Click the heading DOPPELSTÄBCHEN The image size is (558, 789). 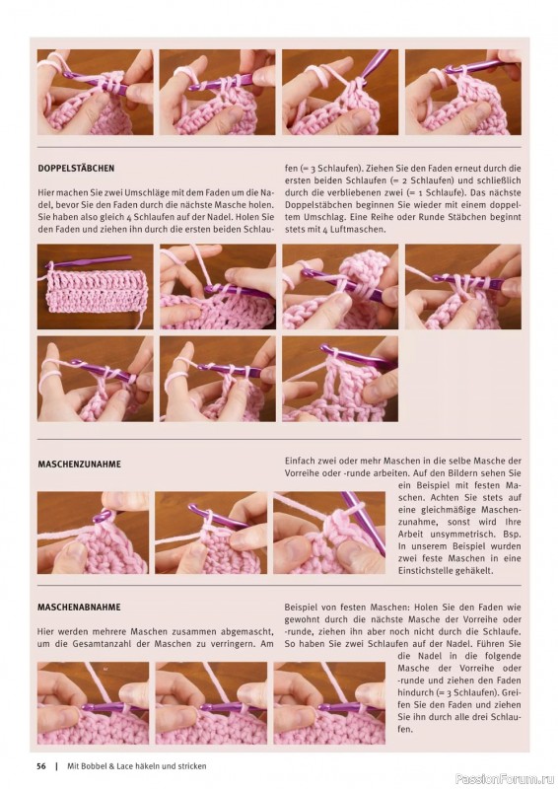pyautogui.click(x=76, y=168)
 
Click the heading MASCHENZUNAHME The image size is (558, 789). pyautogui.click(x=80, y=464)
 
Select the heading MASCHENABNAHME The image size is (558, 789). pyautogui.click(x=79, y=608)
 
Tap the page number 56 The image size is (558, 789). pyautogui.click(x=41, y=766)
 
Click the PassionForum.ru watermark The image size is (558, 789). pyautogui.click(x=505, y=779)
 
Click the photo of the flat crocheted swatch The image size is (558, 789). pyautogui.click(x=95, y=287)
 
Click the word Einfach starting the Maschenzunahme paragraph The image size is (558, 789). pyautogui.click(x=301, y=461)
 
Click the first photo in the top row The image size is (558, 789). pyautogui.click(x=95, y=92)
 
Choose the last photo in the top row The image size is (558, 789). pyautogui.click(x=463, y=92)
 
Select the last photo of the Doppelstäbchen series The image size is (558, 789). pyautogui.click(x=340, y=379)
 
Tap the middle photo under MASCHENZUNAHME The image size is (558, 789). pyautogui.click(x=211, y=533)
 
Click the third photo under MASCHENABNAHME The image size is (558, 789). pyautogui.click(x=329, y=703)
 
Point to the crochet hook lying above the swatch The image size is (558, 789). pyautogui.click(x=90, y=261)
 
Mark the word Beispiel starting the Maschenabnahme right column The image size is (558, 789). pyautogui.click(x=301, y=608)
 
